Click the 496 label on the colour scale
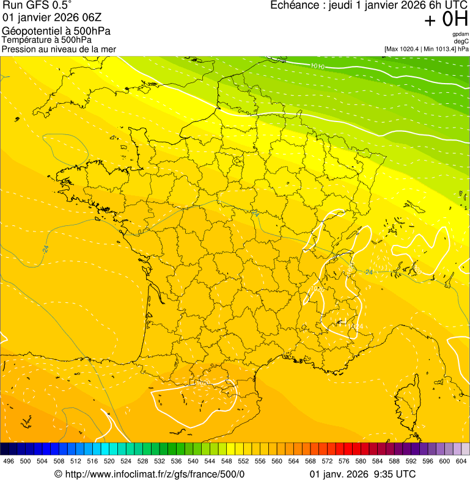(x=9, y=461)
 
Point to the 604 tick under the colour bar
(x=461, y=461)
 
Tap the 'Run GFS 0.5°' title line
(x=37, y=5)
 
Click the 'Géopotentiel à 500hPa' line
(x=56, y=31)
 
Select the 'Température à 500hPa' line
(x=47, y=40)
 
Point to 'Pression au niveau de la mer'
(x=59, y=49)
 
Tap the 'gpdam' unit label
(x=460, y=34)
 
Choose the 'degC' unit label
(x=461, y=41)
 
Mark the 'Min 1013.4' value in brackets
(x=439, y=49)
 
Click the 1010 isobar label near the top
(x=317, y=66)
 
